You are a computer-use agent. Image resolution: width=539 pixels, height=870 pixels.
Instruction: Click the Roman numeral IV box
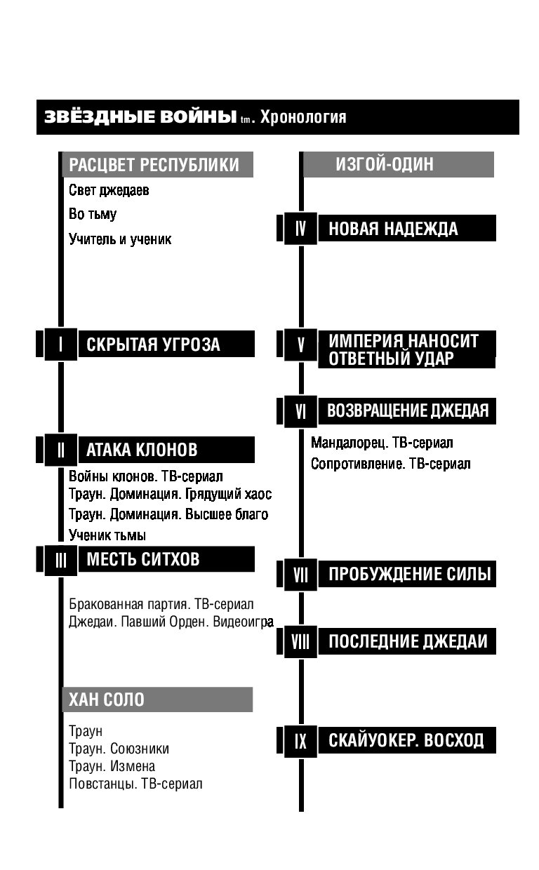coord(300,229)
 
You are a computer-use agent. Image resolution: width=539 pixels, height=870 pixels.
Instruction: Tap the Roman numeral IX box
coord(300,741)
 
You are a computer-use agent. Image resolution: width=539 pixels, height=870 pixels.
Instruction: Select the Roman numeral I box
coord(60,344)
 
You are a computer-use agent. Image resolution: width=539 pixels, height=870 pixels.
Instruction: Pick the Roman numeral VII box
coord(300,575)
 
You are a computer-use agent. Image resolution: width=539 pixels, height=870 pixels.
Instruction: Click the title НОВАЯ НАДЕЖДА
coord(393,229)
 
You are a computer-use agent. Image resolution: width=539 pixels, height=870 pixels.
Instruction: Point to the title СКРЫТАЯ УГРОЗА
coord(153,344)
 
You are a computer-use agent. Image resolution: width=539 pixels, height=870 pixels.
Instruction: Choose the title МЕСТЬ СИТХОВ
coord(143,559)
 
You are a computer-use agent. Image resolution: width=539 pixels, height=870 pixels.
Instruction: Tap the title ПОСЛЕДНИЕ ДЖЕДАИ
coord(408,641)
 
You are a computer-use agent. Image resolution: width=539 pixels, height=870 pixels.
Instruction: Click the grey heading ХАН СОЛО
coord(107,700)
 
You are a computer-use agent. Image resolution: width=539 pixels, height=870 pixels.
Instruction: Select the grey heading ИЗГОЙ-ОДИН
coord(385,164)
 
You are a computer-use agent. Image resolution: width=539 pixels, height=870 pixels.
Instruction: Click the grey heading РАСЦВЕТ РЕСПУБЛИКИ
coord(154,165)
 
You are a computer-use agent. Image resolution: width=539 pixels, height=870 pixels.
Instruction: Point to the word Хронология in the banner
coord(303,117)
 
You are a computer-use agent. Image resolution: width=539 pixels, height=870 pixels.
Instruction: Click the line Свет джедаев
coord(109,190)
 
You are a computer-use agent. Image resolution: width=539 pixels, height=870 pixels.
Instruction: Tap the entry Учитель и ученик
coord(120,239)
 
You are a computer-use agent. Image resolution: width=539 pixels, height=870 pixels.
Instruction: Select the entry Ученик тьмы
coord(107,535)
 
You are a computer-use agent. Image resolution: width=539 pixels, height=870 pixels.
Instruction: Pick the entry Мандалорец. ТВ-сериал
coord(382,443)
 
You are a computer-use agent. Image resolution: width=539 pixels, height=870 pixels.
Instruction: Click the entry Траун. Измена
coord(112,766)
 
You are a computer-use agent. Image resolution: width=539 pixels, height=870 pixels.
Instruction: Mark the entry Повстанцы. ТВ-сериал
coord(135,784)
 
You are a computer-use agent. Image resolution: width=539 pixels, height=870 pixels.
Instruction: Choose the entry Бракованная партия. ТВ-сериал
coord(161,604)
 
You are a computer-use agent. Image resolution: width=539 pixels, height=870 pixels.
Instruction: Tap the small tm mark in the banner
coord(246,119)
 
